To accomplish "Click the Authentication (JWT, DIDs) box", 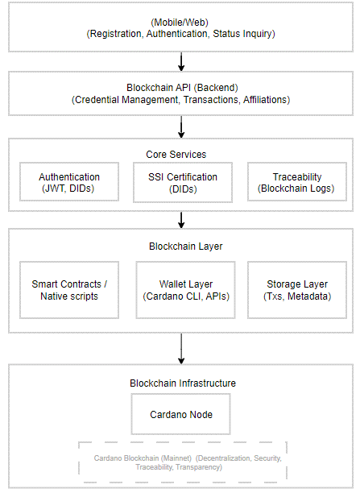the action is (69, 182).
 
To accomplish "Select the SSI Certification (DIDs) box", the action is (183, 182).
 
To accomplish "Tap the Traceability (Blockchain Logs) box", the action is (297, 182).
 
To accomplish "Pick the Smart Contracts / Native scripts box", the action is (69, 290).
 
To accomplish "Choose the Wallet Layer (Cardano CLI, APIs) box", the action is (185, 290).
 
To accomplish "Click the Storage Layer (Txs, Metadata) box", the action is (297, 290).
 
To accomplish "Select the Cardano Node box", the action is (180, 414).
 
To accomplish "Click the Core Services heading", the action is (176, 155).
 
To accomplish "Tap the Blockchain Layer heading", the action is (185, 246).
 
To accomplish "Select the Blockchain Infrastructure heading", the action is (183, 383).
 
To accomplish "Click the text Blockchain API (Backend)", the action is (182, 88).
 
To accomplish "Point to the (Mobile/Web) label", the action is (180, 23).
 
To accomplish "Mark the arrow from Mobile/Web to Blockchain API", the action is (181, 61).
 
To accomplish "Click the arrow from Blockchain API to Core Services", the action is (181, 127).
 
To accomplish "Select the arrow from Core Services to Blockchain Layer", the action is (181, 220).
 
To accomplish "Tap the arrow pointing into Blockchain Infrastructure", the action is (181, 349).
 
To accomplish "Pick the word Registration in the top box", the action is (114, 34).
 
